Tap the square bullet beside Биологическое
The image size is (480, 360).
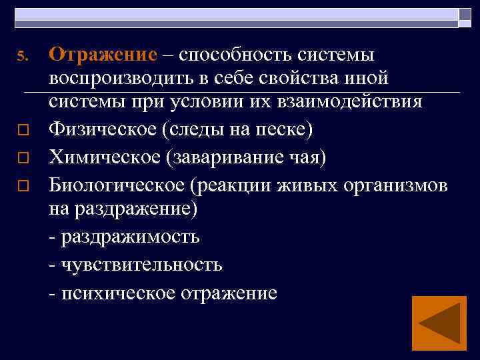click(x=21, y=186)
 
